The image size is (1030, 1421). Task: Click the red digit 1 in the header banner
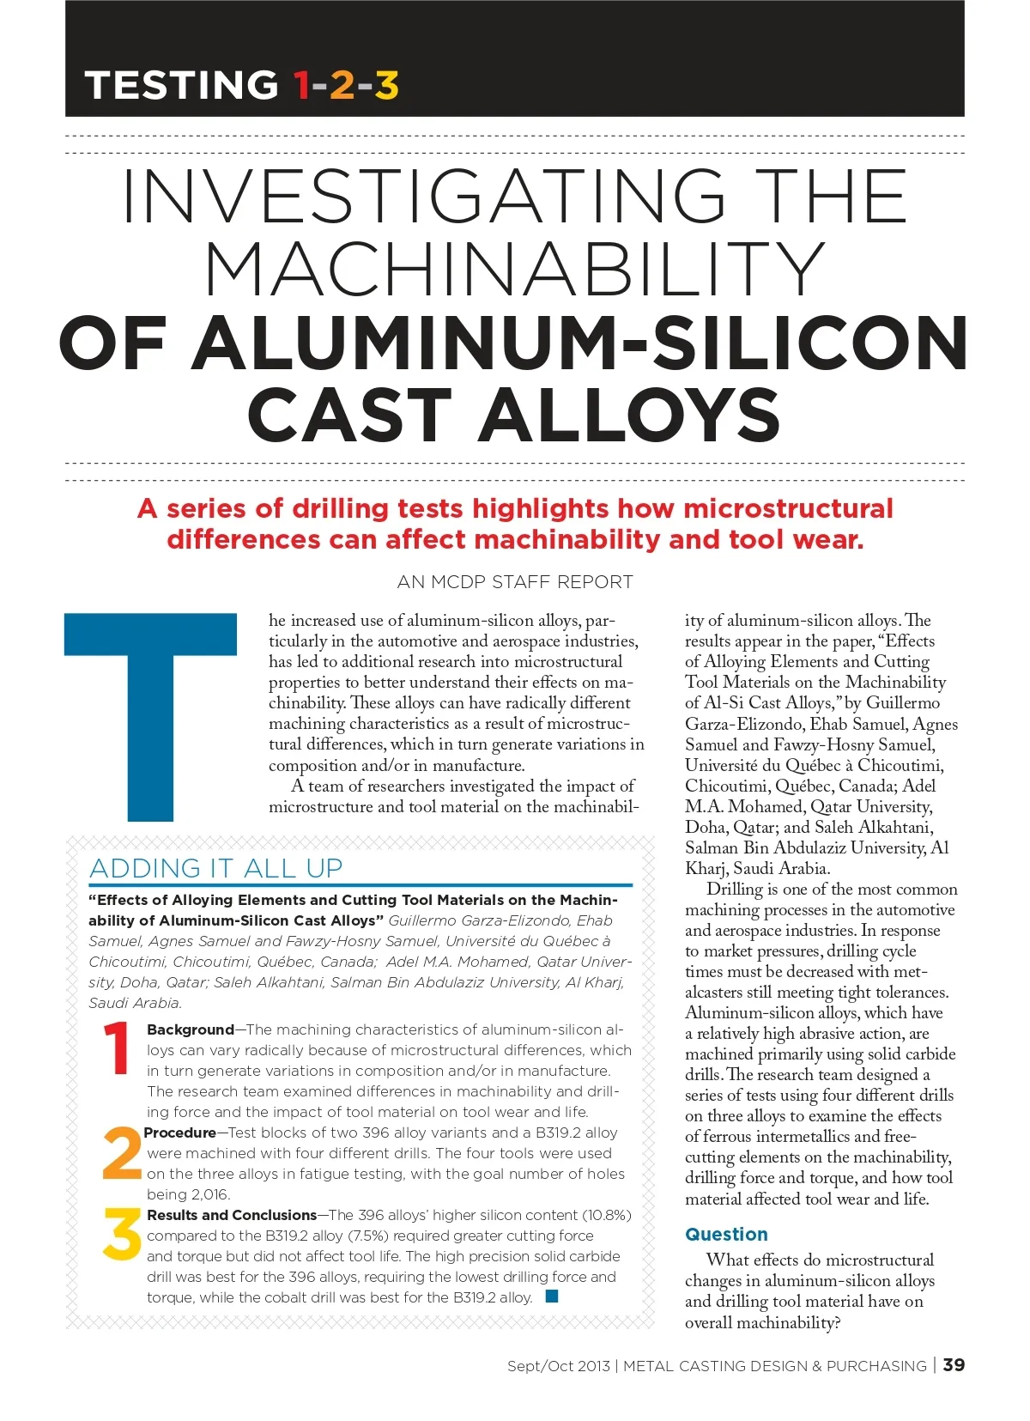301,85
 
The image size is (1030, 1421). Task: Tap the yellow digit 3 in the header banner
386,85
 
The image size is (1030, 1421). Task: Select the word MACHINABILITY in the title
515,269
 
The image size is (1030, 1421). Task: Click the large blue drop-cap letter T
151,716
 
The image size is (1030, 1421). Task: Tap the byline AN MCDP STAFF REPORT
515,582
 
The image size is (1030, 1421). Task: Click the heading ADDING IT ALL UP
216,868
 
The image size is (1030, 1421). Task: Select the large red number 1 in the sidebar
117,1048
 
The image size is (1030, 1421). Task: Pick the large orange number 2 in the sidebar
121,1153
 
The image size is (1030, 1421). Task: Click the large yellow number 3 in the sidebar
122,1235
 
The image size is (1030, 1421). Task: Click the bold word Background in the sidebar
191,1029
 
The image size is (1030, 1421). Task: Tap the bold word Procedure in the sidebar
180,1133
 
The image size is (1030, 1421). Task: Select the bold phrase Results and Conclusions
232,1215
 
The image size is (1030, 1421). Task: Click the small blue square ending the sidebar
552,1296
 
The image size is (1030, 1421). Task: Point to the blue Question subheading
726,1234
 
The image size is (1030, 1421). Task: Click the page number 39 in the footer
954,1364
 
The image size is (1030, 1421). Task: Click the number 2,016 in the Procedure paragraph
209,1194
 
